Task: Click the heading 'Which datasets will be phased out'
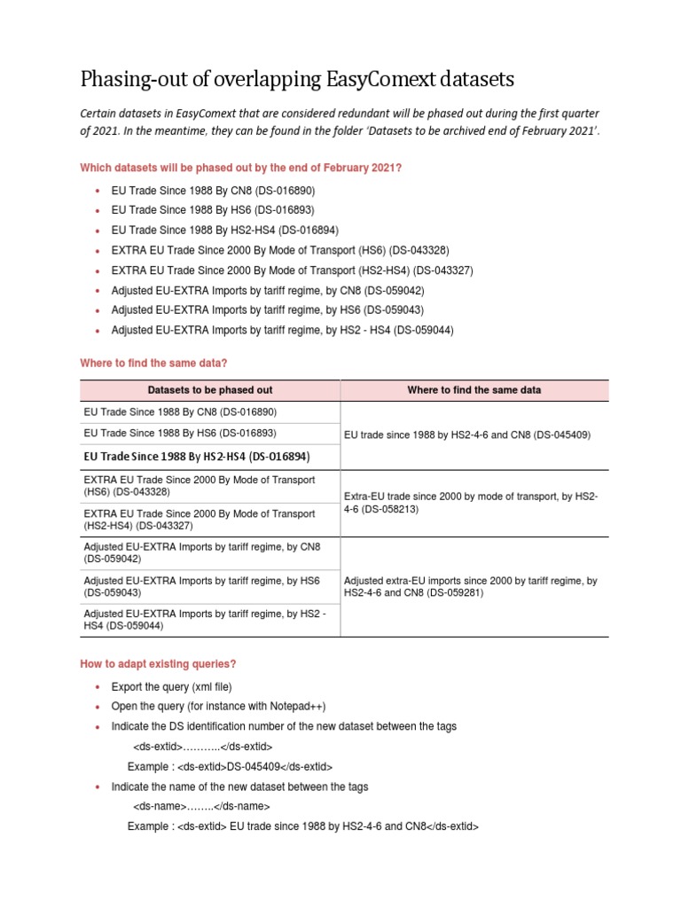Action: (241, 168)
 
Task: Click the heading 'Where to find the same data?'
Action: (153, 363)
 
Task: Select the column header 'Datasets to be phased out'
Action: (210, 390)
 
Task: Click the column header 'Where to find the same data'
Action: (474, 390)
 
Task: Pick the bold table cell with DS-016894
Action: (196, 457)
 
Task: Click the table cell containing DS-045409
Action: (466, 434)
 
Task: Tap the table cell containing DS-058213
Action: (470, 504)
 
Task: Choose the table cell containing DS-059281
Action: (470, 587)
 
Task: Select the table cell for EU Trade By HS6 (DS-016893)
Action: (180, 434)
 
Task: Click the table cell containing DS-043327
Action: (199, 520)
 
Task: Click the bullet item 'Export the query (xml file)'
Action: (171, 686)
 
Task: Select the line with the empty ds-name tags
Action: (201, 806)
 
